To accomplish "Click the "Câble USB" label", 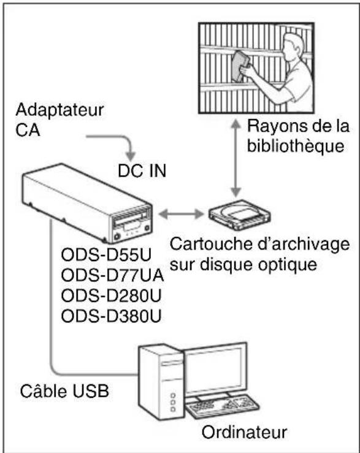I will [64, 390].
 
